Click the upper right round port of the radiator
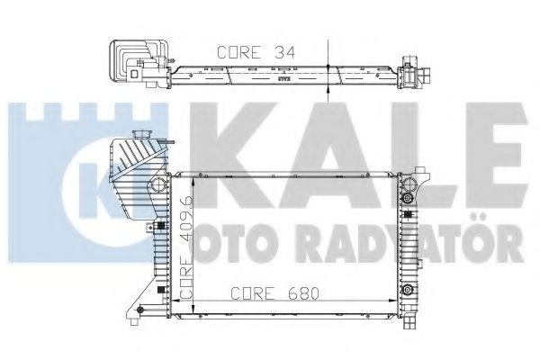(408, 195)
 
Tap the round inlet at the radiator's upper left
(158, 185)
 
